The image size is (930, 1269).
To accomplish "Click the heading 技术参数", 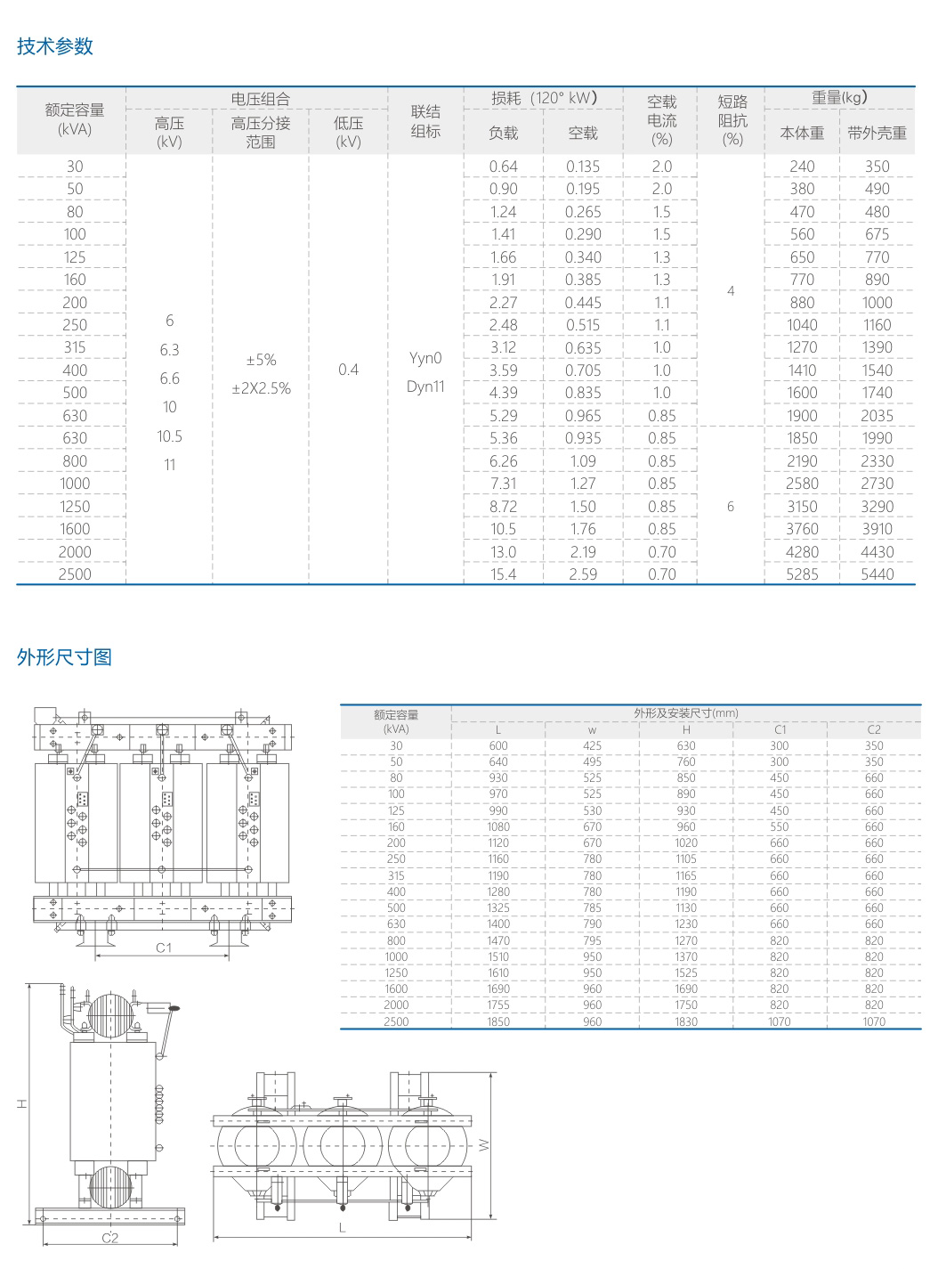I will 55,46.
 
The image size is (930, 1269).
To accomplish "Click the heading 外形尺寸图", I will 64,657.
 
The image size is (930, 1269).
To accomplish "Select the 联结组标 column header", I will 425,121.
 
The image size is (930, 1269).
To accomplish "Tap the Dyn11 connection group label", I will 425,386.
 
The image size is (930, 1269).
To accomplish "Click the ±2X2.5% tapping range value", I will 261,388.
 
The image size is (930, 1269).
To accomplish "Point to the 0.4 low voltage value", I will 348,370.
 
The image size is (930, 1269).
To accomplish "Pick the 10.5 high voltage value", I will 169,436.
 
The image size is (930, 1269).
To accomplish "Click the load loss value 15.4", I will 503,574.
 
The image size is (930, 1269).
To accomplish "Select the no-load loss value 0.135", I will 583,167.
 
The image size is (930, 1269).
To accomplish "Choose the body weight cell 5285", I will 802,574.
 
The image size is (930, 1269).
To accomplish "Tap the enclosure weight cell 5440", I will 877,574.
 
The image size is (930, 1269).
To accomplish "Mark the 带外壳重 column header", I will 877,133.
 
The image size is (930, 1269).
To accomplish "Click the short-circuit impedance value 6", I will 731,507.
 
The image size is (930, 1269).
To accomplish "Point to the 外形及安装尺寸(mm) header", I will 686,713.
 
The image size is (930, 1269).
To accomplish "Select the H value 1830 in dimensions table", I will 686,1021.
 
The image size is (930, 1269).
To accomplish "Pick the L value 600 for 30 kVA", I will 498,746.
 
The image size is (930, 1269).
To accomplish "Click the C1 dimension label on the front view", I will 164,948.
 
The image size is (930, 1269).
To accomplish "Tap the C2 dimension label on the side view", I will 109,1238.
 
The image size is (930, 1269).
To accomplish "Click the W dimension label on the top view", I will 484,1144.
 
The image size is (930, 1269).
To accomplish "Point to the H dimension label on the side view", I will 21,1104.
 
